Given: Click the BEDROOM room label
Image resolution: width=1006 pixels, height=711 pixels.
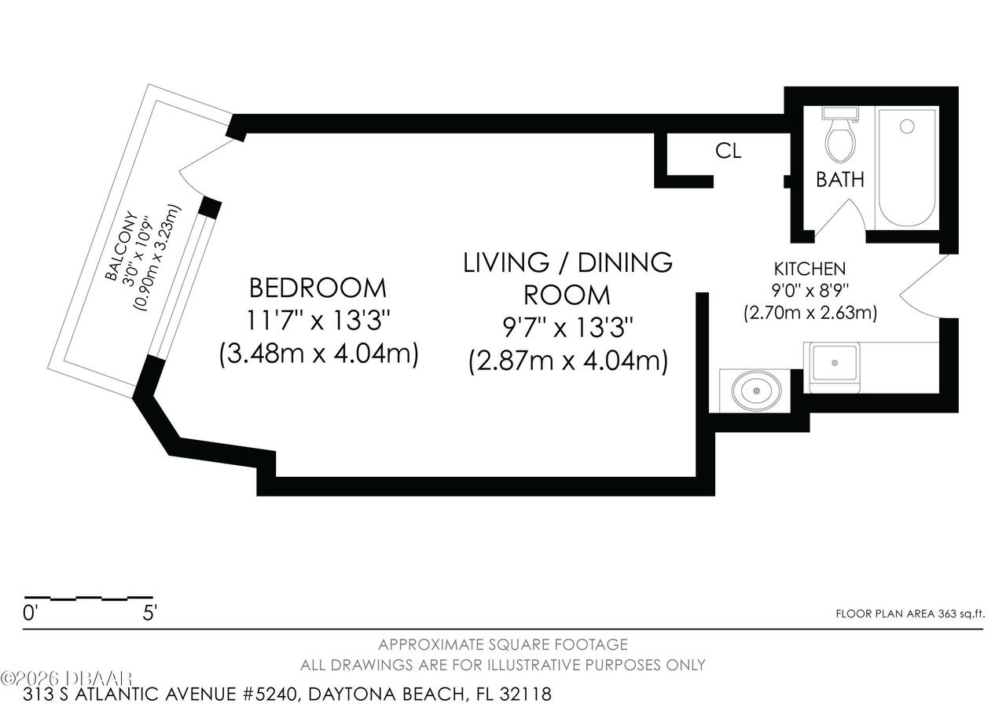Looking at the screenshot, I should [318, 288].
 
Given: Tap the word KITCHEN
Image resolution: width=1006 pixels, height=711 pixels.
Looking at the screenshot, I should [810, 269].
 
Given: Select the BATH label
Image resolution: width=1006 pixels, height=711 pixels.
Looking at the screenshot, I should [839, 180].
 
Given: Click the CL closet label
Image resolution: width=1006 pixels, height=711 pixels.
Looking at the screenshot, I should [728, 151].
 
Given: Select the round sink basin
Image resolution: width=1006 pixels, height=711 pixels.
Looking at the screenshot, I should [756, 389].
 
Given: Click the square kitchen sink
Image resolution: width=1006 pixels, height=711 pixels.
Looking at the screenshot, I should [834, 362].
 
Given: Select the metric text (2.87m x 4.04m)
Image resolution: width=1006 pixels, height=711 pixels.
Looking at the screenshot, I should [567, 361].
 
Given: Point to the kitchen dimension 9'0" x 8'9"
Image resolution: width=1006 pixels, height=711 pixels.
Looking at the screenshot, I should [810, 291].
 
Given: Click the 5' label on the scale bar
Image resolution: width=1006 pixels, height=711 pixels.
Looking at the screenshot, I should [149, 614].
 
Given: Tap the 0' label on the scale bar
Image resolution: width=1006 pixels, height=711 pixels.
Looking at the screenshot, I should [31, 614].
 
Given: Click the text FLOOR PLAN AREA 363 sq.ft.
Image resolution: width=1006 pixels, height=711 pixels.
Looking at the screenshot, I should [909, 614].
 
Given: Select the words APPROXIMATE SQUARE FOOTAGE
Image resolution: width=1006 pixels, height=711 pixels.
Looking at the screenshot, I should [503, 645].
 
